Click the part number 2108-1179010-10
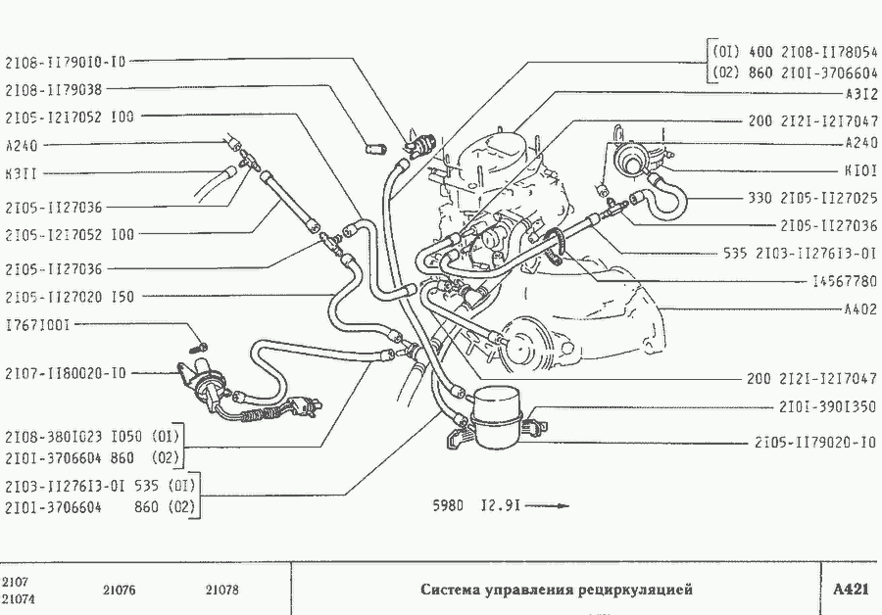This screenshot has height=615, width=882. coord(66,62)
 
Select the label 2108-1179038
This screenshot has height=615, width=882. coord(54,89)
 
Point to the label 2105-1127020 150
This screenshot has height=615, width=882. coord(70,295)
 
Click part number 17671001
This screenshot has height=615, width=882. coord(37,323)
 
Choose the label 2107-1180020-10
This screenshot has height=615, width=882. coord(66,373)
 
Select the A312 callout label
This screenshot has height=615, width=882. coord(860,96)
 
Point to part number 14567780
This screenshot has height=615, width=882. coord(844,281)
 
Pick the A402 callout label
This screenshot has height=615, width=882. coord(860,309)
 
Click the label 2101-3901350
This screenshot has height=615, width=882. coord(827,406)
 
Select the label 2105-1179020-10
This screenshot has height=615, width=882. coord(815,443)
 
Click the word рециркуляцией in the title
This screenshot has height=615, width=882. coord(634,590)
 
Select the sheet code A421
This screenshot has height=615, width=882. coord(850,590)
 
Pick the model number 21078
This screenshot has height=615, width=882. coord(222,591)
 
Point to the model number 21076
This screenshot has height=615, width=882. coord(119,591)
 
